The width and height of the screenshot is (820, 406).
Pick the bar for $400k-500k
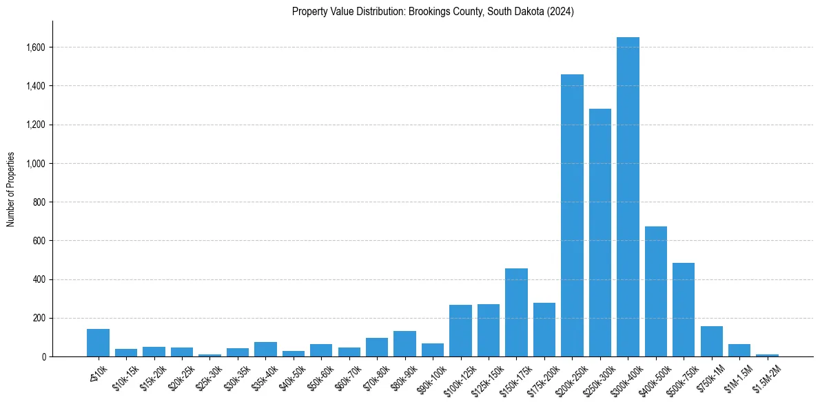click(656, 292)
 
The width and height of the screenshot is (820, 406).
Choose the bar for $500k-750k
click(684, 310)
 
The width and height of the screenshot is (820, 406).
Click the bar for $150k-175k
click(516, 312)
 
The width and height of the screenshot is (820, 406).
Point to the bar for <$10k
click(99, 343)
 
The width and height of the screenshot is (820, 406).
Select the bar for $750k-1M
click(712, 341)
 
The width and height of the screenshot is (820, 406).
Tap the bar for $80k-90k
click(405, 344)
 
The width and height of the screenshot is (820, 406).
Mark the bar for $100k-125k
click(460, 331)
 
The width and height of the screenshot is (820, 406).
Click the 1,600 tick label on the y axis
click(36, 47)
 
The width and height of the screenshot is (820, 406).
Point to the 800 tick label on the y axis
click(39, 202)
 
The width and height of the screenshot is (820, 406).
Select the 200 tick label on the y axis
click(39, 319)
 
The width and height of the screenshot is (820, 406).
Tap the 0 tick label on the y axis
click(43, 357)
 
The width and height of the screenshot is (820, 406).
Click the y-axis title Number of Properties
click(11, 189)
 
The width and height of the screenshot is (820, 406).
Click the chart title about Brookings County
click(433, 12)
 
